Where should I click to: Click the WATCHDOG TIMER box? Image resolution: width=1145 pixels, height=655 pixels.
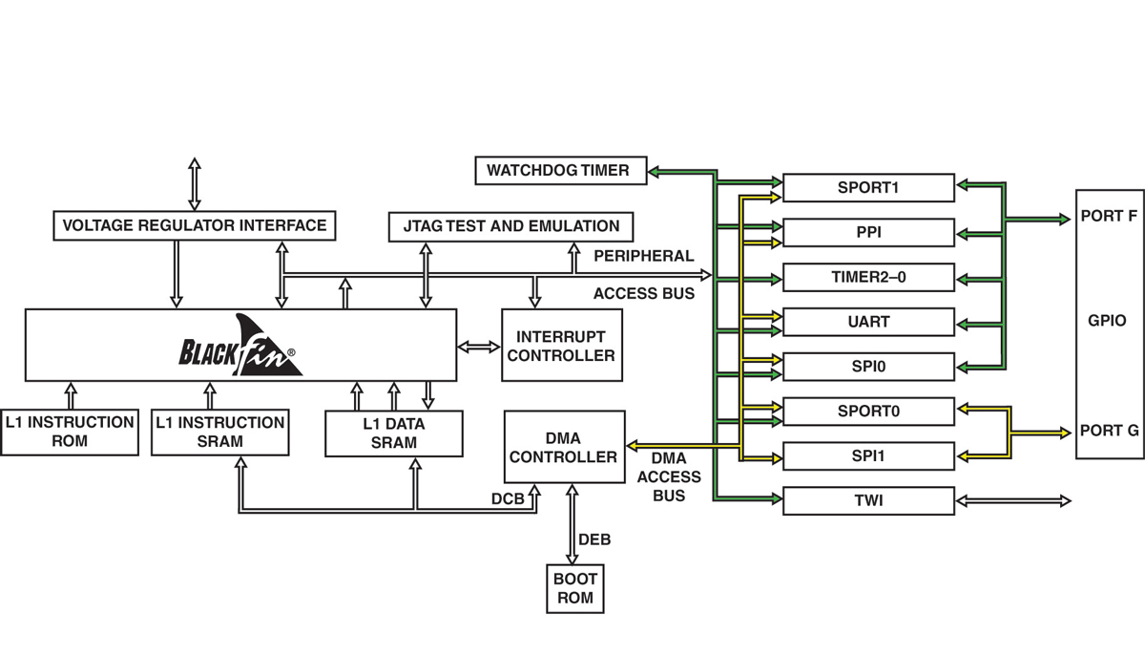click(558, 171)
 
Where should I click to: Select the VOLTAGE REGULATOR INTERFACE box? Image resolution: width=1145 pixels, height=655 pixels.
click(195, 226)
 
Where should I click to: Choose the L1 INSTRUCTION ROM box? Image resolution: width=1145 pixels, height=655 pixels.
click(69, 432)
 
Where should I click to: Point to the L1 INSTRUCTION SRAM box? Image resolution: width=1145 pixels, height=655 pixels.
click(219, 432)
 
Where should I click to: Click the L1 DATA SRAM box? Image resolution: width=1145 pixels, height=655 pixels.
click(394, 433)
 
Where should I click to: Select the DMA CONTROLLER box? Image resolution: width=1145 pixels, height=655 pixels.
click(564, 447)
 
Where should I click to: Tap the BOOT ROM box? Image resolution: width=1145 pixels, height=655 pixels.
click(575, 588)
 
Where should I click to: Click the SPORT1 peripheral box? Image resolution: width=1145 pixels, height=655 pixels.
click(868, 188)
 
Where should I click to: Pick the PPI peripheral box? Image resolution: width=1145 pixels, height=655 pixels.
click(868, 233)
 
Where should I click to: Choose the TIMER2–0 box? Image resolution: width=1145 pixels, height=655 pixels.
click(868, 278)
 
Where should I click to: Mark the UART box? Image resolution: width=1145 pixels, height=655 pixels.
click(868, 322)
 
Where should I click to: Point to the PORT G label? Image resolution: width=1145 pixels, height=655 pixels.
click(1110, 431)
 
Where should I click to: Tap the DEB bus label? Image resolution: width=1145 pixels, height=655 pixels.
click(594, 540)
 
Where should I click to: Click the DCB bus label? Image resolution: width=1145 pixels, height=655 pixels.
click(508, 498)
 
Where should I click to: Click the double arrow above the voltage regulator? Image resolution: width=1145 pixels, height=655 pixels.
click(195, 184)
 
